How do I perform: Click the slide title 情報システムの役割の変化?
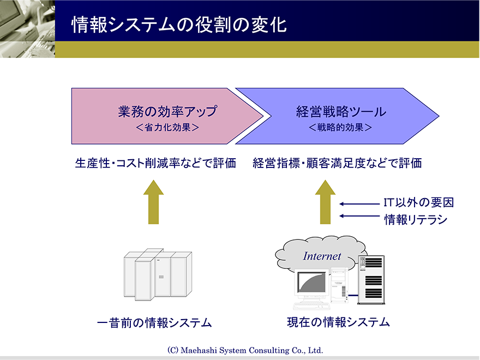pos(179,25)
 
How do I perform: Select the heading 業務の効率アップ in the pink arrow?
pos(168,111)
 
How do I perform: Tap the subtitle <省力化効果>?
pos(167,127)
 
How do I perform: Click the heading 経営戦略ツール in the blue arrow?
pos(341,111)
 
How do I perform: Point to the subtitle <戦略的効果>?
pos(340,127)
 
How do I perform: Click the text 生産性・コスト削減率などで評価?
pos(155,163)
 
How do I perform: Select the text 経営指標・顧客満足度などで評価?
pos(337,163)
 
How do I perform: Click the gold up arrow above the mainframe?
pos(154,202)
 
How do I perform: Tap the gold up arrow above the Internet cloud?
pos(326,202)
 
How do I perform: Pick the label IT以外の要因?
pos(418,202)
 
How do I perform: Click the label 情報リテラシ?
pos(416,219)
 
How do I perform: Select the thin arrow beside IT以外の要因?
pos(359,204)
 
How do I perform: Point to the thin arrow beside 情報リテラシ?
pos(359,216)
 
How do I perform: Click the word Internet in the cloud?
pos(322,256)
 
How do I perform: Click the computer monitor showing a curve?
pos(312,283)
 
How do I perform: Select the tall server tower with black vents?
pos(371,280)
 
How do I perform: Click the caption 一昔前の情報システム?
pos(154,323)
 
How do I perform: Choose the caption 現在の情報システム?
pos(338,322)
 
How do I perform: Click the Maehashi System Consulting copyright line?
pos(245,350)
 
